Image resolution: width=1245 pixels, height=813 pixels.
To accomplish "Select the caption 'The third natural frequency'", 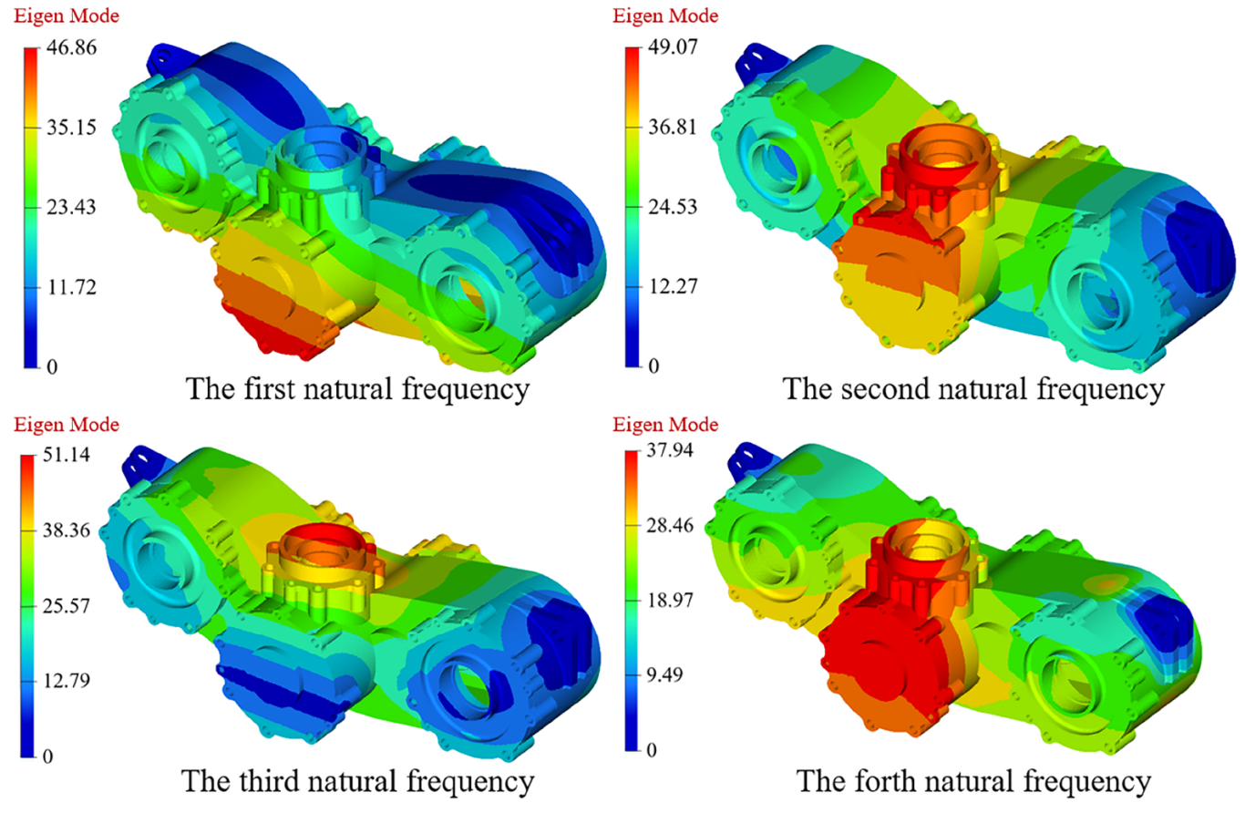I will pos(356,780).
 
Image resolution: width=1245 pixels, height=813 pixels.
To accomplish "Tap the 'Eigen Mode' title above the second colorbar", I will pos(665,15).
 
